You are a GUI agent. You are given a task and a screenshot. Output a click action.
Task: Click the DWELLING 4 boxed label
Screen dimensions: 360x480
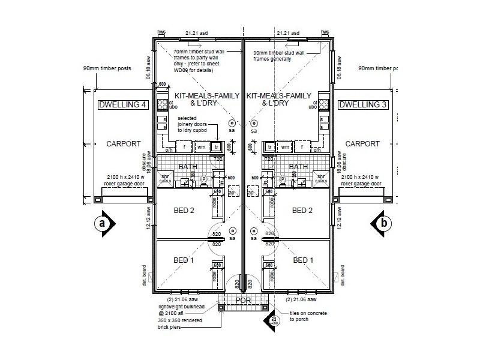point(122,105)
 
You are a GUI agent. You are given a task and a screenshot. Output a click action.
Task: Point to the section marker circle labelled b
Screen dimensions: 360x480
point(383,223)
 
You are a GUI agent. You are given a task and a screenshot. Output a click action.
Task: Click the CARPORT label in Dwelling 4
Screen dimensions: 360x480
point(123,144)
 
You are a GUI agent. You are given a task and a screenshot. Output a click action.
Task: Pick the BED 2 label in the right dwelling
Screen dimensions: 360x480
point(302,210)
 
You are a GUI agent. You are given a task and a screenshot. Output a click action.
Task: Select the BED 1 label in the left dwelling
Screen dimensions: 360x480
point(184,260)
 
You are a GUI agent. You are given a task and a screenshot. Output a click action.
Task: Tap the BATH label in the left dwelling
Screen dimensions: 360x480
point(188,167)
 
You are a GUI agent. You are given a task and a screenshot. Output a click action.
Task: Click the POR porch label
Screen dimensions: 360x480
point(243,300)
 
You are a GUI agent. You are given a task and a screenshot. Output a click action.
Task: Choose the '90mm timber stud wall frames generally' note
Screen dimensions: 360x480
point(282,56)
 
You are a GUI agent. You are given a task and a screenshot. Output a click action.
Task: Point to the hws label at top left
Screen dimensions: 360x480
point(161,32)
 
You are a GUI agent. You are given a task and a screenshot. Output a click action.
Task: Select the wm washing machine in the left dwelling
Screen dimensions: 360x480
point(202,147)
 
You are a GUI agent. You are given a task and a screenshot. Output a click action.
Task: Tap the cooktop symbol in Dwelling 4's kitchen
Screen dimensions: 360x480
point(161,105)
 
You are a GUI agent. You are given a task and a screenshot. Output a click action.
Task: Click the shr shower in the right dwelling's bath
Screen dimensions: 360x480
point(322,177)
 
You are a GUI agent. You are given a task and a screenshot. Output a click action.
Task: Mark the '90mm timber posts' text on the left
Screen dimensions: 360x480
point(107,68)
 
